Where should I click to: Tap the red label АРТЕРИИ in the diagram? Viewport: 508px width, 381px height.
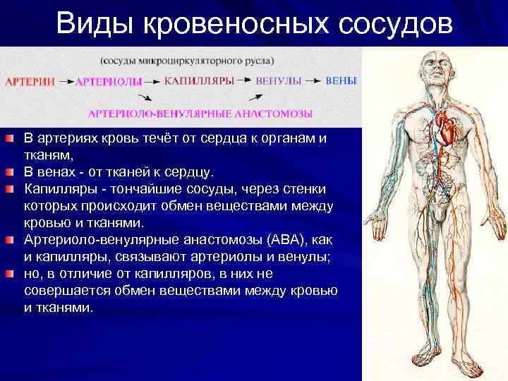pyautogui.click(x=30, y=82)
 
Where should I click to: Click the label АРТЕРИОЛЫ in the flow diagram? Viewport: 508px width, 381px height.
pyautogui.click(x=109, y=82)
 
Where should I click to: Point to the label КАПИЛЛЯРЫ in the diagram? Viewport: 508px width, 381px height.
pyautogui.click(x=200, y=81)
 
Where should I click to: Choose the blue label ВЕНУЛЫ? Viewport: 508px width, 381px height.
pyautogui.click(x=279, y=81)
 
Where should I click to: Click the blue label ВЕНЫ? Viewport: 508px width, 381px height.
pyautogui.click(x=341, y=81)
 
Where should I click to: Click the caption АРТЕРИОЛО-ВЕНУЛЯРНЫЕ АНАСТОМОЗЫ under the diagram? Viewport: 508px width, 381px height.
pyautogui.click(x=200, y=114)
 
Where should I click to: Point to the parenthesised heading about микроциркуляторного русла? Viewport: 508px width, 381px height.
pyautogui.click(x=188, y=59)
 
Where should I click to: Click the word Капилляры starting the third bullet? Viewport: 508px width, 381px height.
pyautogui.click(x=56, y=189)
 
